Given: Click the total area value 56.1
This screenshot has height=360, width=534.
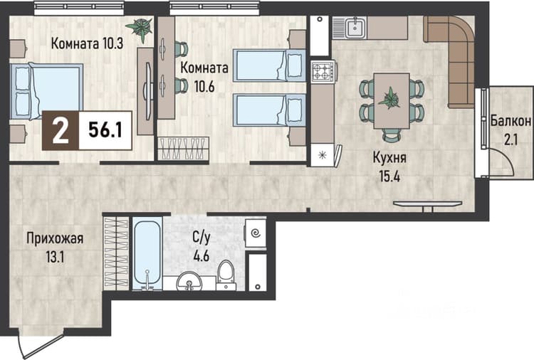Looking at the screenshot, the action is coord(105,129).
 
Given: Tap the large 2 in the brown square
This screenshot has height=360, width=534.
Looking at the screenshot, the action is coord(61,131).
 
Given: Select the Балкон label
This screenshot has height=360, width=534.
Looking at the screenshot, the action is coord(511,121).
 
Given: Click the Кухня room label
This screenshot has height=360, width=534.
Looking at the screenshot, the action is coord(389,158).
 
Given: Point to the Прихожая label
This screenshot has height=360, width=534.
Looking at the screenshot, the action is coord(55,238).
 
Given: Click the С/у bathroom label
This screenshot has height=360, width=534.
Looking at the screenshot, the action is coord(201,237).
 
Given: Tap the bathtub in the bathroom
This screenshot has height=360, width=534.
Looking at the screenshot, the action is coord(147,253).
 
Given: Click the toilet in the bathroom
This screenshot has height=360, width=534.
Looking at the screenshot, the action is coord(226,275).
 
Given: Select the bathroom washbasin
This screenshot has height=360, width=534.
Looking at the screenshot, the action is coord(189,281).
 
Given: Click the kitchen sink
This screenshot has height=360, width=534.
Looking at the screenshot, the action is coord(355,28).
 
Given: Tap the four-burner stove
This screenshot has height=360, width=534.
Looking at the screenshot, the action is coord(322,71).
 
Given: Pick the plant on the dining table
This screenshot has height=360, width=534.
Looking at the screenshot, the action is coord(390,98).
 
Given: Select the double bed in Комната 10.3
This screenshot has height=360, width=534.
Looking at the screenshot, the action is coord(46,91).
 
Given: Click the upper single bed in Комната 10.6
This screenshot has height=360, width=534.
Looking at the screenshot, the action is coord(269,65).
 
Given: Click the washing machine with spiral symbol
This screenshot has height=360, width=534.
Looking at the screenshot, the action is coord(255,233).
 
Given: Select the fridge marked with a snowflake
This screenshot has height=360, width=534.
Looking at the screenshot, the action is coord(322,155).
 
